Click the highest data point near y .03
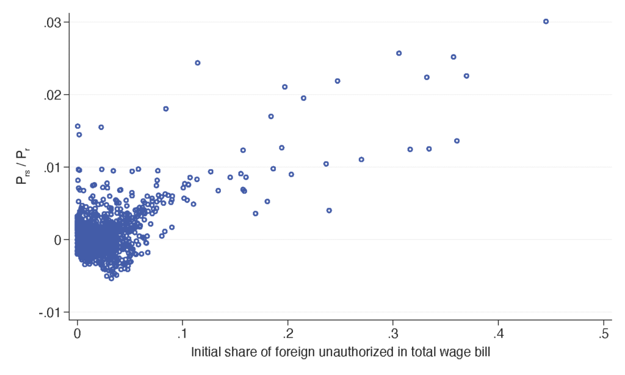546,21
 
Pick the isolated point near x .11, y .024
198,63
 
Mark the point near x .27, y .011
361,159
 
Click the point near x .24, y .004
329,210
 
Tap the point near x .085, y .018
165,109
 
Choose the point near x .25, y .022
338,81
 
